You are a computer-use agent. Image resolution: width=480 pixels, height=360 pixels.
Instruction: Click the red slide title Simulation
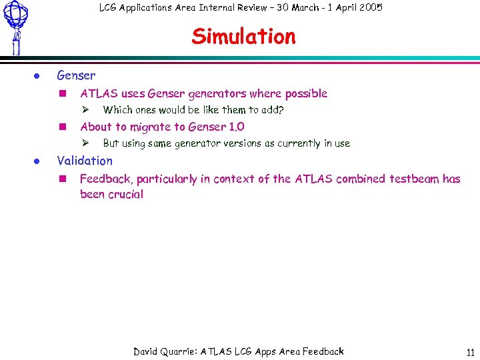point(243,37)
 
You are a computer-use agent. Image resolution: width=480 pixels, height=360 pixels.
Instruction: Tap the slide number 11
point(470,353)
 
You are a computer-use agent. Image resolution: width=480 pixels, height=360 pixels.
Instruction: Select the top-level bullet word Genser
point(76,75)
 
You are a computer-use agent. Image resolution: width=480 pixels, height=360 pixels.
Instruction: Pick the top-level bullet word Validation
point(85,161)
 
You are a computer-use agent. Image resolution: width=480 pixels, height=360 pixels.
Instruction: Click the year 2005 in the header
point(370,8)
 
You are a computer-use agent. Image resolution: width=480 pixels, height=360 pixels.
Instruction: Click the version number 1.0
point(236,127)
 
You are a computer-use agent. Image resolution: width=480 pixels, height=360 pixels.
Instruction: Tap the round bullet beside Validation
point(38,161)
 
